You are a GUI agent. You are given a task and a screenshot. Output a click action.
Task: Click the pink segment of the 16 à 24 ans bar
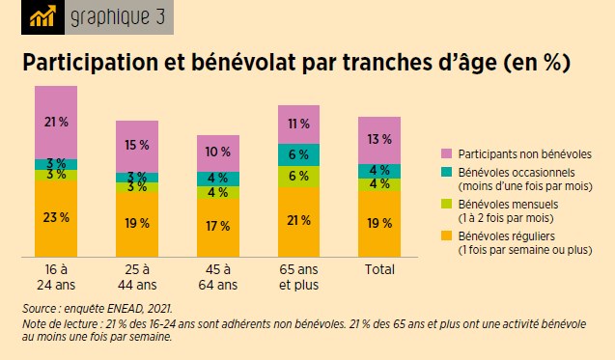click(x=56, y=123)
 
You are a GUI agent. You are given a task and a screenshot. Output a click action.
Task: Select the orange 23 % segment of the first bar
click(x=56, y=218)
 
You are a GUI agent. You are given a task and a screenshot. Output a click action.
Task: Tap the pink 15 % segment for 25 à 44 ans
click(x=137, y=146)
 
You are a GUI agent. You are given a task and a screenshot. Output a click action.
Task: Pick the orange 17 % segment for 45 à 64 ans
click(x=217, y=228)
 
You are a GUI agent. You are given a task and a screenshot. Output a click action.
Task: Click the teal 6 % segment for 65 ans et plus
click(x=298, y=154)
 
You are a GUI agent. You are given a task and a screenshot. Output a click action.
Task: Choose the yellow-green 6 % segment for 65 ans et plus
click(x=298, y=176)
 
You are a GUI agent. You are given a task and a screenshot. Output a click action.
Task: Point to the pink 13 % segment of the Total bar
click(x=378, y=139)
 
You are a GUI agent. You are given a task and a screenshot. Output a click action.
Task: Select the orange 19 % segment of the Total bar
click(x=378, y=223)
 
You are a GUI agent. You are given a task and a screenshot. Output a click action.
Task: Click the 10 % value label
click(x=217, y=152)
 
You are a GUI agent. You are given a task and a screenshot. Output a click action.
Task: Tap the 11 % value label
click(x=298, y=124)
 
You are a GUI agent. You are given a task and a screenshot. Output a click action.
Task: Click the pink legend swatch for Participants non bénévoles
click(x=446, y=154)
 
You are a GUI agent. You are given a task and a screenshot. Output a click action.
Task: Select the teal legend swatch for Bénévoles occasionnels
click(x=446, y=171)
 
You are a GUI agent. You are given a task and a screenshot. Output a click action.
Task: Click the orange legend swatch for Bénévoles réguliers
click(x=446, y=235)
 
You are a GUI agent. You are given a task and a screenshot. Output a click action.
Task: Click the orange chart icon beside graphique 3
click(x=42, y=17)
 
